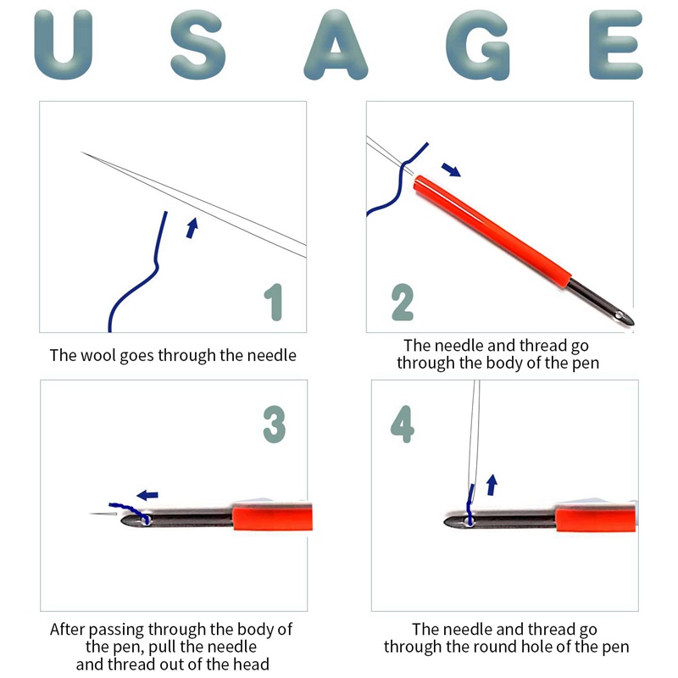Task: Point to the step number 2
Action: tap(402, 303)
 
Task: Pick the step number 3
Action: tap(275, 425)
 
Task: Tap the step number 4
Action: tap(402, 425)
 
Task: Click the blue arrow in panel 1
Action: tap(192, 228)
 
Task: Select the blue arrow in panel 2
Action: tap(451, 169)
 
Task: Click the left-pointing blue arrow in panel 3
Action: tap(147, 495)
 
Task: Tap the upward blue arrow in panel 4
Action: tap(492, 485)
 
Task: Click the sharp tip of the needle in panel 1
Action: tap(82, 153)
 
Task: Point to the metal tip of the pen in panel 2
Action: tap(623, 315)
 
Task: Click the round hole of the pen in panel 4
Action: tap(470, 521)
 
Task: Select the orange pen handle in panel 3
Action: tap(272, 517)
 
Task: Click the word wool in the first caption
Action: tap(98, 355)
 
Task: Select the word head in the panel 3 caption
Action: tap(251, 664)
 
